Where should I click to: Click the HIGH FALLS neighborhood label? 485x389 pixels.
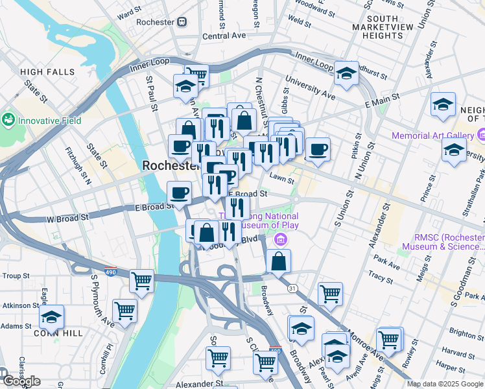click(x=47, y=72)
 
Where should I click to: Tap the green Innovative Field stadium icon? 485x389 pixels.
click(x=8, y=120)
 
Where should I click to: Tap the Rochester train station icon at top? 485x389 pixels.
click(x=182, y=21)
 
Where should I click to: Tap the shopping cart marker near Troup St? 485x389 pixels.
click(x=141, y=281)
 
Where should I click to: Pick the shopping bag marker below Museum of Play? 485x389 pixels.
click(x=278, y=261)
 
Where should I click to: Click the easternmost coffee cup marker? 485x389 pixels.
click(x=318, y=150)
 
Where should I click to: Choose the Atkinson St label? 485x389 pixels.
click(x=20, y=305)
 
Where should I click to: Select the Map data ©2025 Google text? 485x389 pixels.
click(x=445, y=384)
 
